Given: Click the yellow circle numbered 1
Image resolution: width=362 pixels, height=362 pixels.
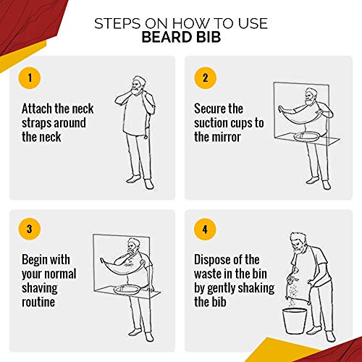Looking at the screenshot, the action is point(30,78).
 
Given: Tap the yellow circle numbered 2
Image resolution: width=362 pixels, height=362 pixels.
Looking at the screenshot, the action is point(205,78).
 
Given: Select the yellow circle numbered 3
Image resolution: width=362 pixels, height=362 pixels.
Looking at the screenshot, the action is point(30,229).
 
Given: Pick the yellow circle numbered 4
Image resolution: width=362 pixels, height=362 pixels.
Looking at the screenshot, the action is point(205,229).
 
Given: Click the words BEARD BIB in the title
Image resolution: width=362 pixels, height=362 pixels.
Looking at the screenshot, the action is point(181,37).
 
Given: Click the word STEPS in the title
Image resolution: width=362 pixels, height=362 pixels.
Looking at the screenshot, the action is point(117,23).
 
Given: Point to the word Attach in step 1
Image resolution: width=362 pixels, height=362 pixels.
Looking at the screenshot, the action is point(37,109).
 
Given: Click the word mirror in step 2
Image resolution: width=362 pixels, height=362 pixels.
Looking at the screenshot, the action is point(226,137).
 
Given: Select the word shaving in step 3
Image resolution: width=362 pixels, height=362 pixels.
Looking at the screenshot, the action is point(40,289).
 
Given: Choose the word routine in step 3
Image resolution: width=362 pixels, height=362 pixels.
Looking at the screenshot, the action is point(38,302).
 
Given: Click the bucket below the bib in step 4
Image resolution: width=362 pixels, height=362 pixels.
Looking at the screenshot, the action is point(295,321).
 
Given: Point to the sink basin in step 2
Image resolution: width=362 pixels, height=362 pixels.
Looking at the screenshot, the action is point(306,137).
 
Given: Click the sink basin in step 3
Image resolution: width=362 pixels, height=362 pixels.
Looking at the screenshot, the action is point(126,290).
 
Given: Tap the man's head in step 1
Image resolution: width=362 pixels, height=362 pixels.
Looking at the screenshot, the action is point(138,85).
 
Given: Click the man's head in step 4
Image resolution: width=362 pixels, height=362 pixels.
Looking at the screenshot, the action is point(298,243).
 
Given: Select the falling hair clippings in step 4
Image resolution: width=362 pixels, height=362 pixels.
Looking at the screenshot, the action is point(294,293).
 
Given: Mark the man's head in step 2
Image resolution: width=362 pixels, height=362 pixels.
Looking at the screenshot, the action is point(311,96).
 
